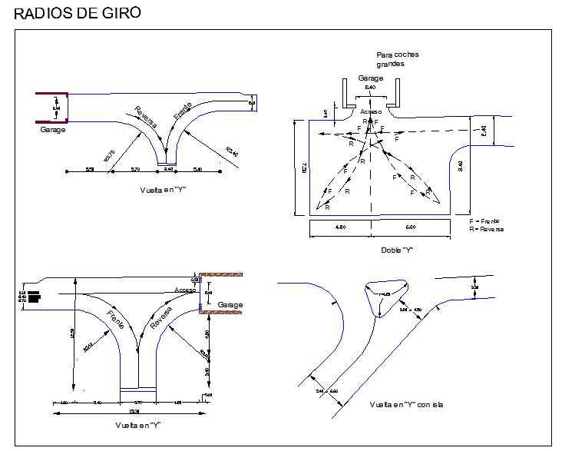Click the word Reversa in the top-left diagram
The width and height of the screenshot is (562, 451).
pyautogui.click(x=146, y=116)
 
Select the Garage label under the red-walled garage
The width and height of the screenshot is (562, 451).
pyautogui.click(x=53, y=130)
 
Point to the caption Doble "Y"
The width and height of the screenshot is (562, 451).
pyautogui.click(x=396, y=250)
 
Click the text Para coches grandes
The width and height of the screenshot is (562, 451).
pyautogui.click(x=397, y=59)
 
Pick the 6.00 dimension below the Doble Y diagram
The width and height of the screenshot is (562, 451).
pyautogui.click(x=409, y=227)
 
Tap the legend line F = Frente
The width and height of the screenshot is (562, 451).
pyautogui.click(x=484, y=221)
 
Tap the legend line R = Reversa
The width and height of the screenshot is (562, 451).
pyautogui.click(x=487, y=229)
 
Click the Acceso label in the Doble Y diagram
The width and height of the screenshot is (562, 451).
pyautogui.click(x=370, y=111)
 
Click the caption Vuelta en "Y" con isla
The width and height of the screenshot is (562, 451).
pyautogui.click(x=407, y=404)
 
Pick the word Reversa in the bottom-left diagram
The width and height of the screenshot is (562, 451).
pyautogui.click(x=161, y=318)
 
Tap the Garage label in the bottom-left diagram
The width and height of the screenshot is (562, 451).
pyautogui.click(x=230, y=305)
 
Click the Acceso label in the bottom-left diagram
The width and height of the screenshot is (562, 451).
pyautogui.click(x=185, y=290)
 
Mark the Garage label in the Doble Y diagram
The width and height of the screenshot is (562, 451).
pyautogui.click(x=371, y=78)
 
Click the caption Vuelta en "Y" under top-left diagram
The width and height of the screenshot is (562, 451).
pyautogui.click(x=164, y=189)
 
